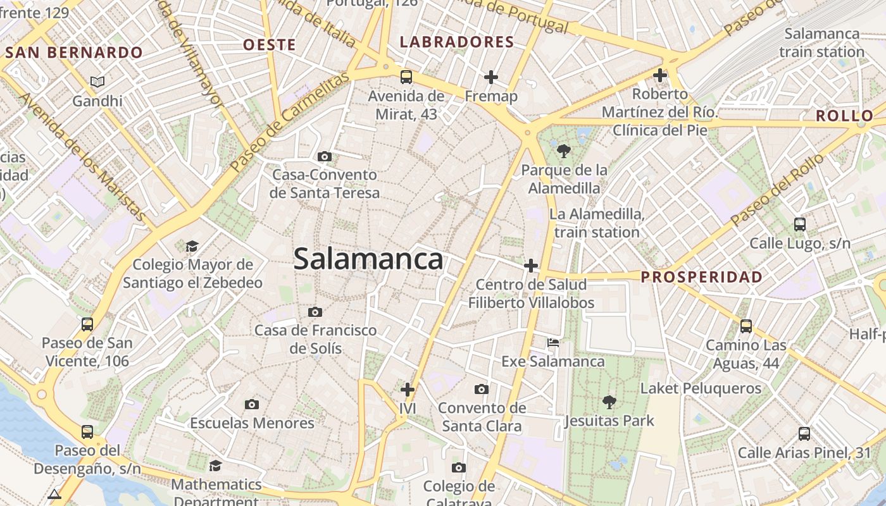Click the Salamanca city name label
click(368, 259)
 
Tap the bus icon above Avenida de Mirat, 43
click(406, 77)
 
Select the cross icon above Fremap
click(490, 77)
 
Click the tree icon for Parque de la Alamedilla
click(563, 151)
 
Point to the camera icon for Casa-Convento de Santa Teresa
click(325, 156)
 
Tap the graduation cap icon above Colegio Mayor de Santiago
click(192, 245)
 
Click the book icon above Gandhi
click(97, 82)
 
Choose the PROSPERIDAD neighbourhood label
click(702, 277)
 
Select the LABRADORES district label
click(457, 42)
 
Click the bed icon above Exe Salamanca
click(553, 343)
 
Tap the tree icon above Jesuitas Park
click(609, 401)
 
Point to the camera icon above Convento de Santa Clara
click(482, 389)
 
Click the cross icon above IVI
click(408, 389)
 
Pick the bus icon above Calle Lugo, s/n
click(800, 224)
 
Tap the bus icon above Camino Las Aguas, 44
click(746, 326)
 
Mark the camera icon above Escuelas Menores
click(252, 404)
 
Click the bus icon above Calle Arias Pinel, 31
click(804, 434)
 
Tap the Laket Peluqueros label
click(701, 388)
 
